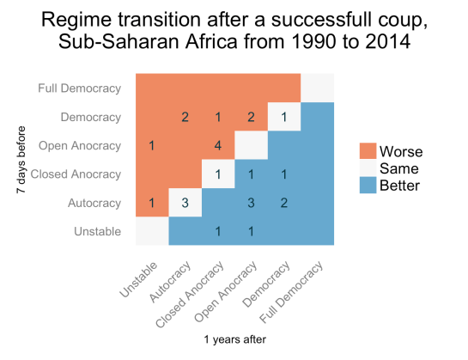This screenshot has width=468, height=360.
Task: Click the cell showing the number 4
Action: (x=218, y=145)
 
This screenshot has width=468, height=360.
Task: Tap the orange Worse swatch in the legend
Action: (x=369, y=151)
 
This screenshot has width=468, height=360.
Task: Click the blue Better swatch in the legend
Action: (x=369, y=184)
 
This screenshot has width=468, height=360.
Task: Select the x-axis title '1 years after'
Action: (x=234, y=340)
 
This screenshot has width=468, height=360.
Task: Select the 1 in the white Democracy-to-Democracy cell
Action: (x=284, y=117)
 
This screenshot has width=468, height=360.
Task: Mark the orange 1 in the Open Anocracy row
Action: (x=152, y=145)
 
